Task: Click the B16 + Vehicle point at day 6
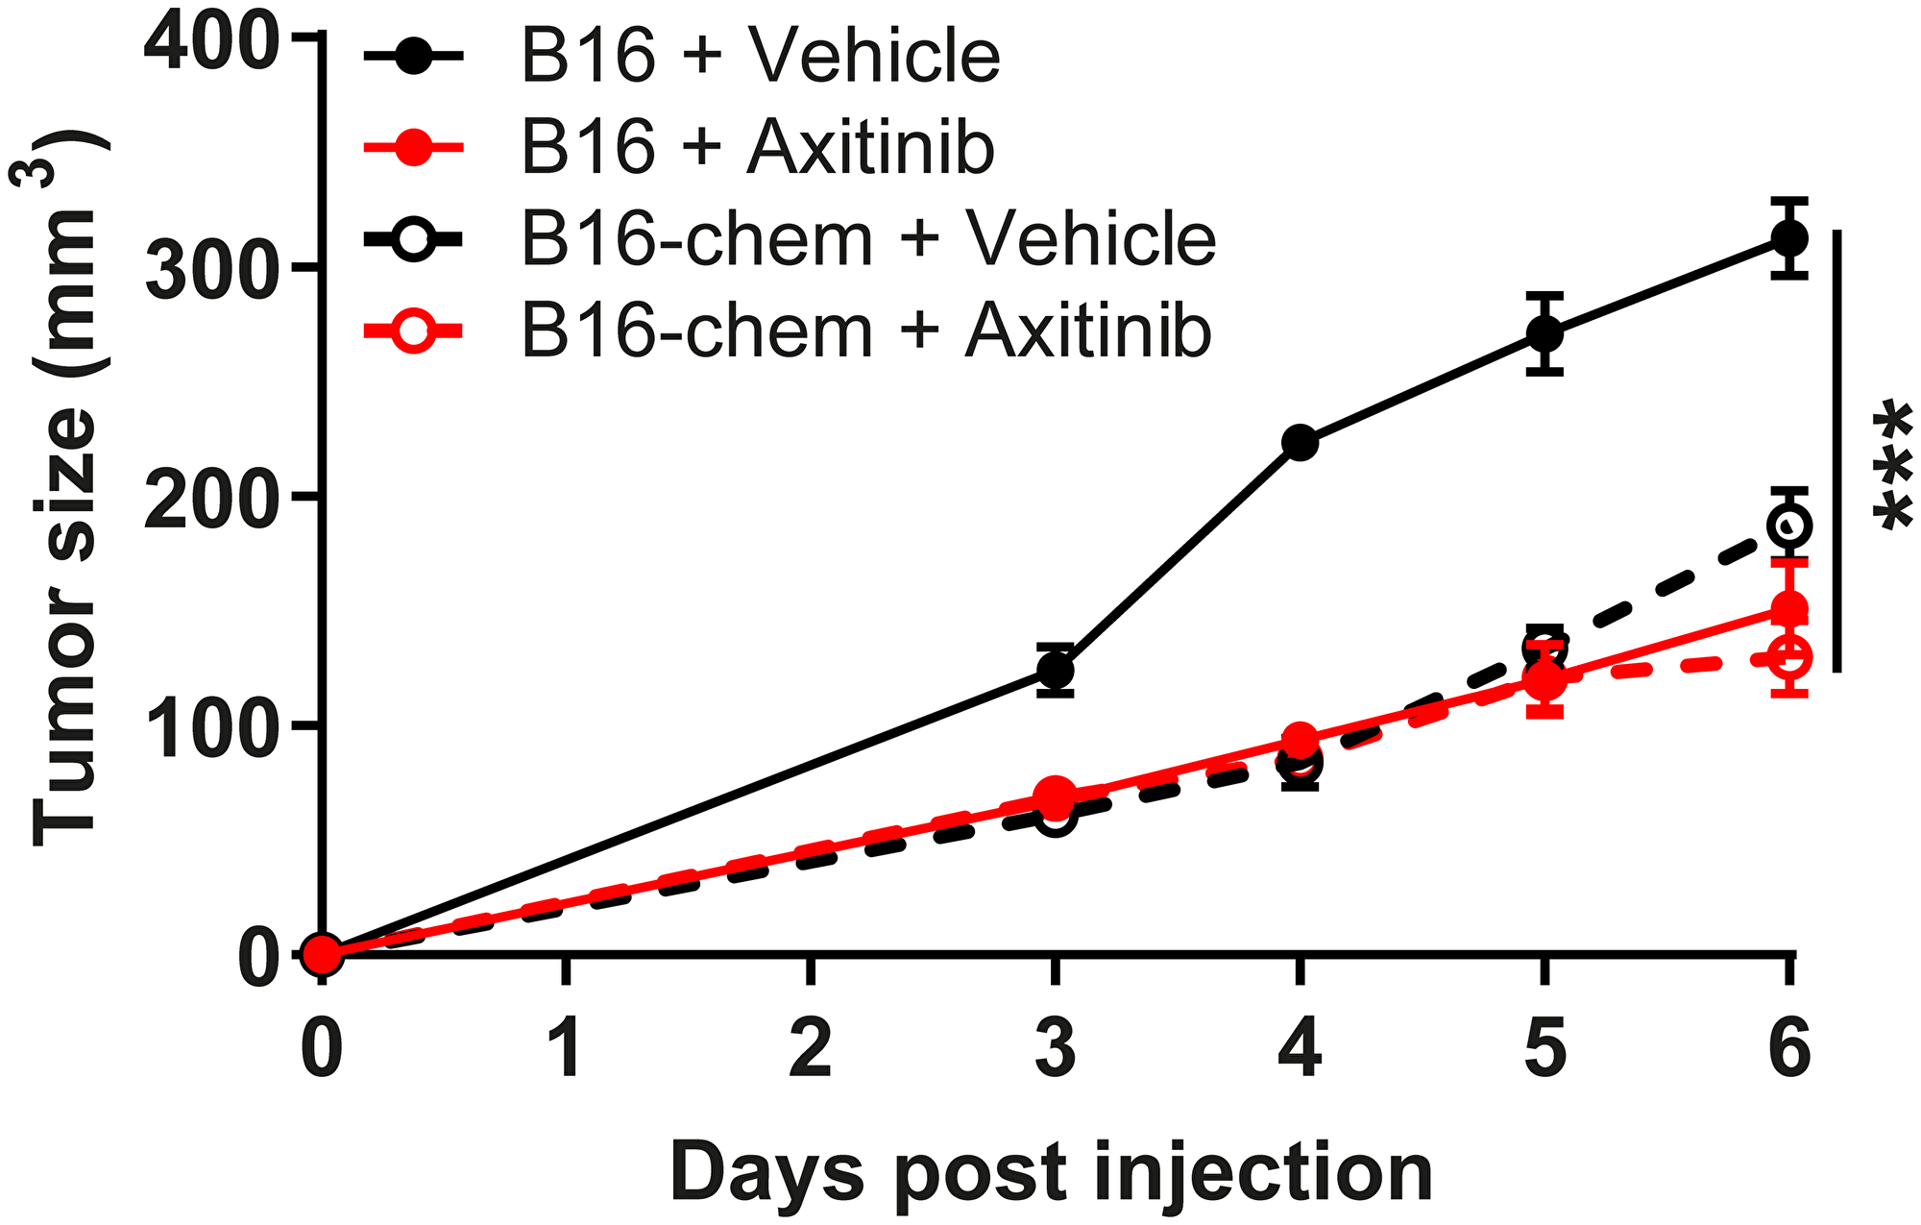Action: coord(1789,237)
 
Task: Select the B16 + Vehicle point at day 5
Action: coord(1544,333)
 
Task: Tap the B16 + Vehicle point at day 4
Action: coord(1300,442)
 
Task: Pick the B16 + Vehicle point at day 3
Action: coord(1055,669)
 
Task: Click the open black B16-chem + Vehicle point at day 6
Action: coord(1789,525)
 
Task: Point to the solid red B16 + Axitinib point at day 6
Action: coord(1789,608)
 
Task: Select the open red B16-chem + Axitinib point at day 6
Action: coord(1789,657)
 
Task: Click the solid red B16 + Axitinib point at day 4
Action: coord(1300,740)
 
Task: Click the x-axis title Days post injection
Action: coord(1051,1172)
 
